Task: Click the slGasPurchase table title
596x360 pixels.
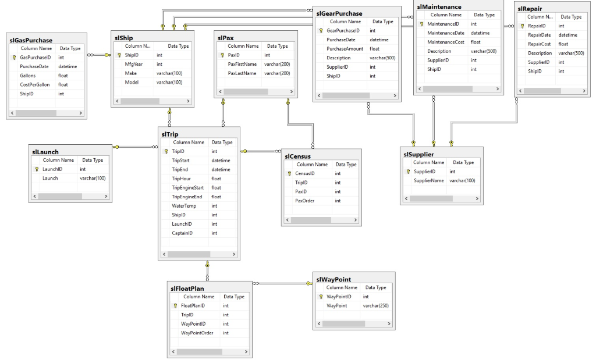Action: tap(31, 41)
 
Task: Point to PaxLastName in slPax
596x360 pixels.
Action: tap(242, 73)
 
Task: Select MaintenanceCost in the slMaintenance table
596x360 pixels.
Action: tap(445, 42)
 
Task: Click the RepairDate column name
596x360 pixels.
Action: tap(539, 35)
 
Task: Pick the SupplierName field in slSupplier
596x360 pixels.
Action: tap(428, 181)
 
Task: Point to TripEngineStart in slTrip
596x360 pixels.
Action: tap(187, 187)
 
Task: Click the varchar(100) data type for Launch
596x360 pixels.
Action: tap(93, 178)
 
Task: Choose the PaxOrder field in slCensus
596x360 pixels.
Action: tap(305, 201)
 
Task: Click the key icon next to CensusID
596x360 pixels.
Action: tap(289, 173)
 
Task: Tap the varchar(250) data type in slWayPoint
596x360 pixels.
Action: tap(375, 305)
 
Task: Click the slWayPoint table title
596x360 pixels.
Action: tap(334, 280)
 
